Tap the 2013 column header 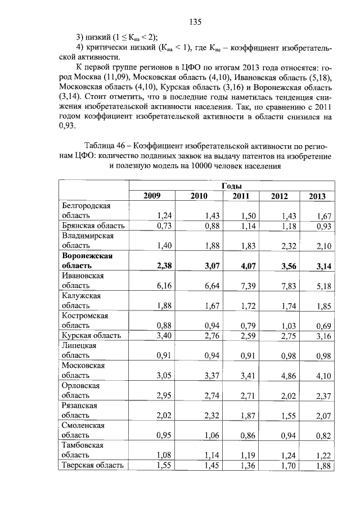click(317, 196)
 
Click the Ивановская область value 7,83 click(280, 286)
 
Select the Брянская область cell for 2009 click(148, 226)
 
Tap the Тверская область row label click(92, 465)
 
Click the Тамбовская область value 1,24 click(280, 454)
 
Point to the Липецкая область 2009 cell click(148, 355)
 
